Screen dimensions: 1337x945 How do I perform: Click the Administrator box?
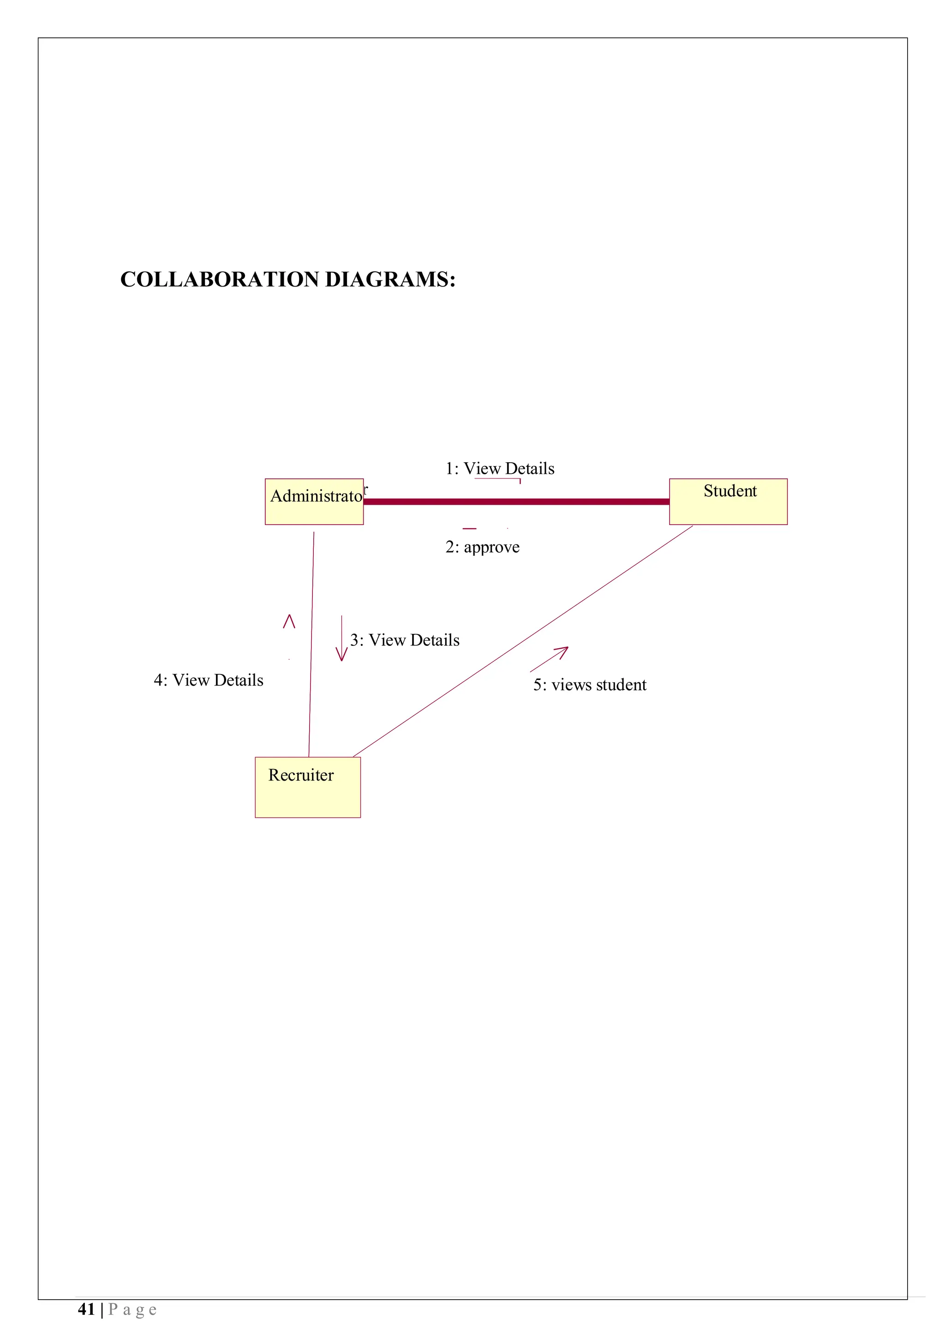(314, 502)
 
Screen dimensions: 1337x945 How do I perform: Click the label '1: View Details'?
(500, 469)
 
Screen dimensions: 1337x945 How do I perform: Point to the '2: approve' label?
(482, 547)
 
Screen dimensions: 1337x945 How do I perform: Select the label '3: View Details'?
(405, 640)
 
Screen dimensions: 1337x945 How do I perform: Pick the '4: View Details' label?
(209, 681)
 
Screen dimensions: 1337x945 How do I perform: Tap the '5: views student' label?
(589, 686)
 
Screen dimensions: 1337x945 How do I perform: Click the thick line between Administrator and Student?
(516, 501)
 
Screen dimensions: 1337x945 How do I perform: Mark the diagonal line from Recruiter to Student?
(523, 642)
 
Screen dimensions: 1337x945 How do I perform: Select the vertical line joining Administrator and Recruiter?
(311, 644)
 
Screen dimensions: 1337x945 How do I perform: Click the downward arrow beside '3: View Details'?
(342, 639)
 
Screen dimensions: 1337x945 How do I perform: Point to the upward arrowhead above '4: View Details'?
(289, 621)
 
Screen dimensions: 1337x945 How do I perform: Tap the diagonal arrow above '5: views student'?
(549, 659)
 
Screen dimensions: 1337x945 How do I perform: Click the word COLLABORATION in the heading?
(220, 280)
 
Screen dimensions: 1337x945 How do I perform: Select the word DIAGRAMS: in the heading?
(389, 280)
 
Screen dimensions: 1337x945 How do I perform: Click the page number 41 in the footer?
(86, 1310)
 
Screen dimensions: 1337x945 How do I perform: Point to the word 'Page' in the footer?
(132, 1310)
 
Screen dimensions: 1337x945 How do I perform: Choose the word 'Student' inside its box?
(730, 491)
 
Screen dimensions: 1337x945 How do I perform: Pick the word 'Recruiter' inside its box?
(300, 776)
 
